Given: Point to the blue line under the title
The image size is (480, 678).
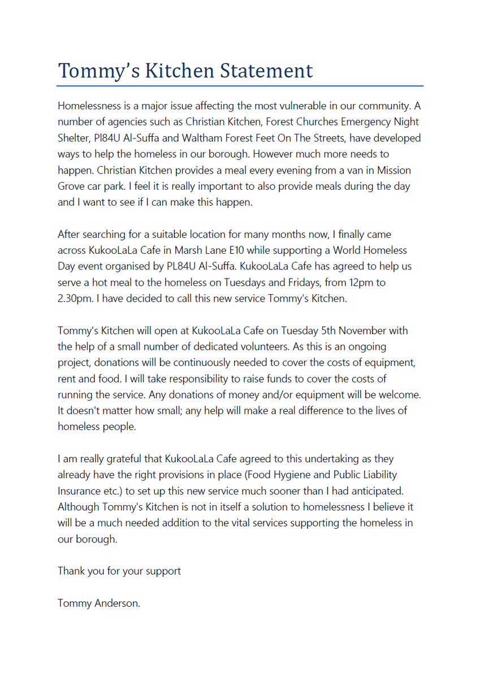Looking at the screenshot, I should (240, 86).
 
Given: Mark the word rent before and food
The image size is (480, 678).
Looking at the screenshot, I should (67, 379).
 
